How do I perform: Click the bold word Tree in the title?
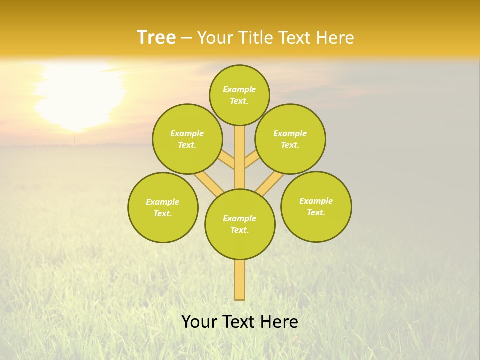tap(156, 37)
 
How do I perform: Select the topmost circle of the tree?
tap(239, 95)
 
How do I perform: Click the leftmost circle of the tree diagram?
tap(163, 207)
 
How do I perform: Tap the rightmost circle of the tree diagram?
tap(316, 206)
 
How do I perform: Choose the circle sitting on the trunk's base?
tap(240, 224)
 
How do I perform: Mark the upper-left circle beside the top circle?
tap(187, 139)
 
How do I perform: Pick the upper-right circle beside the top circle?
tap(290, 139)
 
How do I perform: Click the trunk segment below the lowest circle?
tap(240, 280)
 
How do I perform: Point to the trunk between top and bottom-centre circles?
tap(240, 157)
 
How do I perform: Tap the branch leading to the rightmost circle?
tap(270, 182)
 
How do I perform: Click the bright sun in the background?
tap(80, 95)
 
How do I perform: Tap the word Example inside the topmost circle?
tap(239, 89)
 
